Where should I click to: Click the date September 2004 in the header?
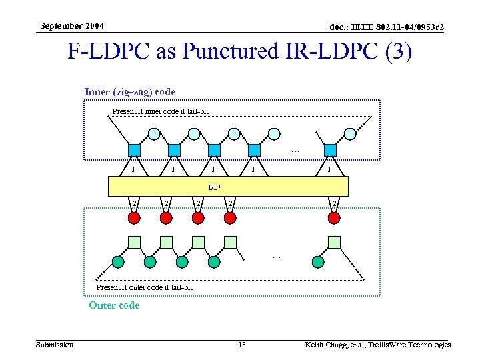(71, 26)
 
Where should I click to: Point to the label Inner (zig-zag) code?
(130, 91)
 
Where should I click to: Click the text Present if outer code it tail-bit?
(144, 287)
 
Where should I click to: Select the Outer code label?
(114, 305)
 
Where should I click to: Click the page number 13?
(242, 345)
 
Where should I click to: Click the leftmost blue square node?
(134, 149)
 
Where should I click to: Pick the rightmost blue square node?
(330, 149)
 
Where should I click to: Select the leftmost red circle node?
(134, 217)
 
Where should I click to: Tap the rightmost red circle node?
(335, 217)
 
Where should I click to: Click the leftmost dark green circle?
(118, 261)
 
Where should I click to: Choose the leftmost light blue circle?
(154, 133)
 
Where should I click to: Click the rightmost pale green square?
(335, 241)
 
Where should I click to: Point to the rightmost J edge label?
(329, 169)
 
